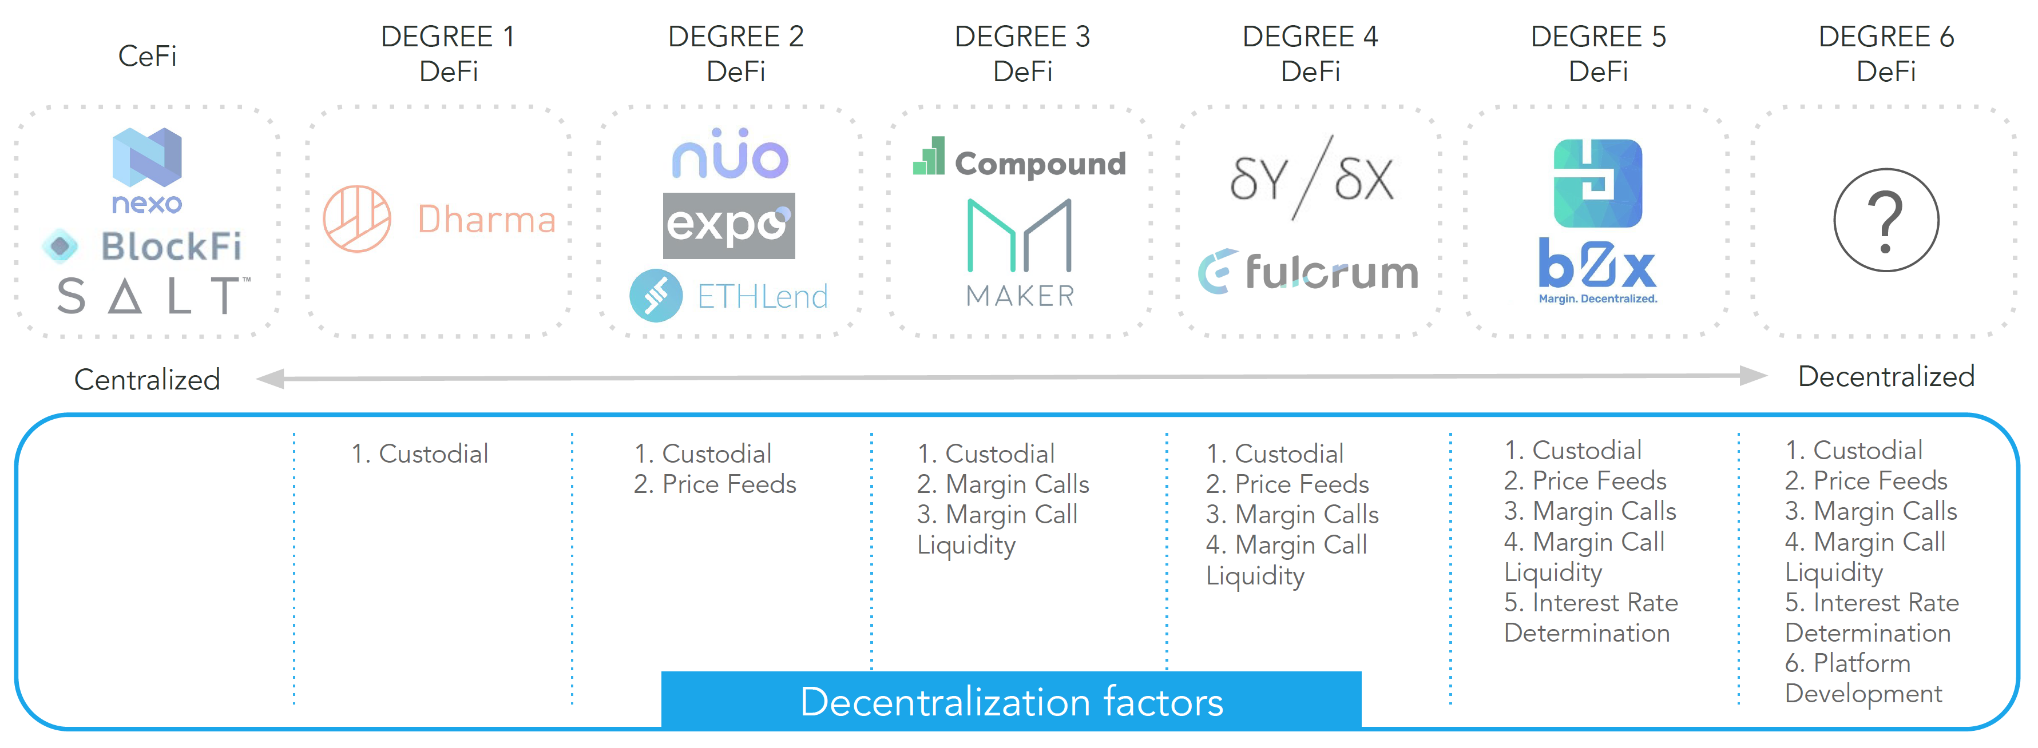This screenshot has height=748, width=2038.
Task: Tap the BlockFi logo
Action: (142, 246)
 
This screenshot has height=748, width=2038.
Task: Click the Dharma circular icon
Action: (357, 219)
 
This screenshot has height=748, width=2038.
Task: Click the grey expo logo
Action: (729, 225)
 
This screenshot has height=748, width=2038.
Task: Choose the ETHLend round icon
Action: (656, 296)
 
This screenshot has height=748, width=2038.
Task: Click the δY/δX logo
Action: (1310, 178)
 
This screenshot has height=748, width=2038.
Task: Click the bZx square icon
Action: (1597, 184)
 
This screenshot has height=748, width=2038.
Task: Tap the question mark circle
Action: (1886, 220)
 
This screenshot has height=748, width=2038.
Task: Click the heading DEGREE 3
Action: (1022, 37)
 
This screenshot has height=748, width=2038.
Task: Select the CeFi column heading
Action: (147, 56)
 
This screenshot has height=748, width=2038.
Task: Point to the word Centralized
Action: (147, 380)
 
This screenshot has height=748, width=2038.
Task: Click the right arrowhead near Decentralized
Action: (1753, 376)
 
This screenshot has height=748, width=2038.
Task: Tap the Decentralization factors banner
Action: (1011, 701)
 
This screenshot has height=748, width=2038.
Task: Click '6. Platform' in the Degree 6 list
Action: (1847, 663)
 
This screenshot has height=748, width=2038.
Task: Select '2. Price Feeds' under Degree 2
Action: (715, 484)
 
